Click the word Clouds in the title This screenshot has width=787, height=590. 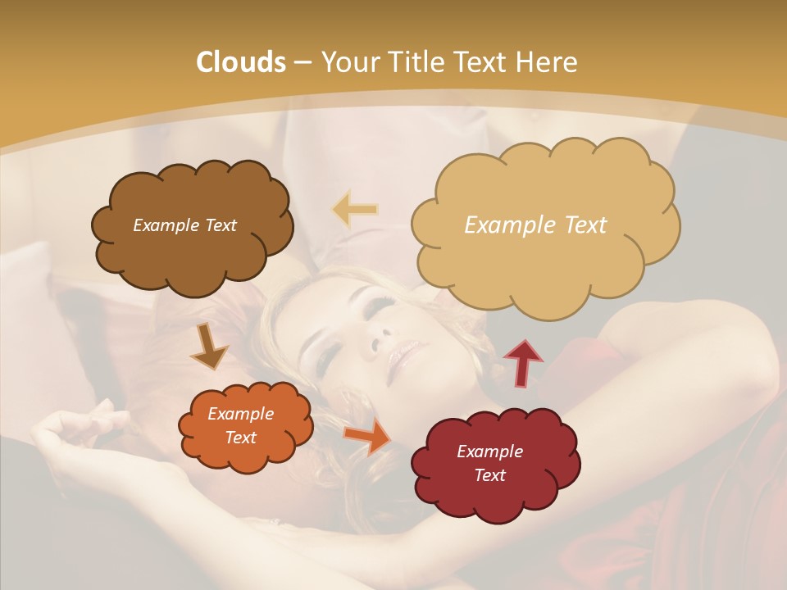point(241,62)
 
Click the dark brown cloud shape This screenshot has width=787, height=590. point(192,246)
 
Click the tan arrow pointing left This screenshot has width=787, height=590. point(355,209)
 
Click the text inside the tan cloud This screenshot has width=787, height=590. point(535,225)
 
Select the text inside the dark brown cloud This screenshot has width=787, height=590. point(184,225)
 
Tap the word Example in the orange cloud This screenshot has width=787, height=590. point(240,414)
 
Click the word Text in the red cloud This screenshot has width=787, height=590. point(489,475)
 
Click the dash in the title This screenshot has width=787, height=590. point(303,63)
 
